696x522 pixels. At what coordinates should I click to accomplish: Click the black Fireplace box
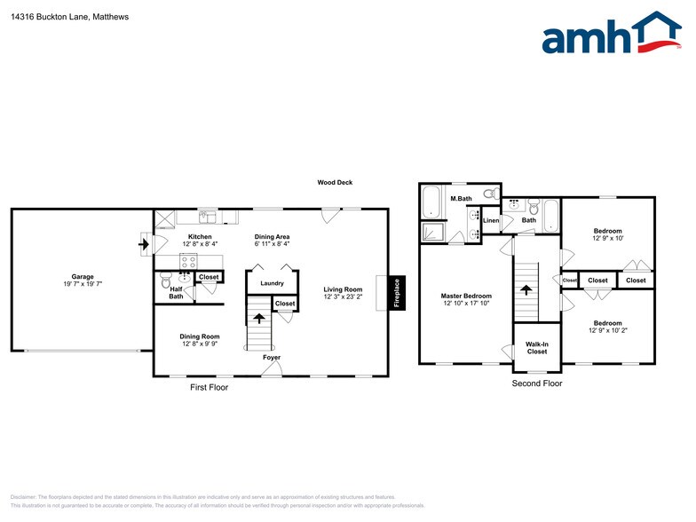(x=396, y=293)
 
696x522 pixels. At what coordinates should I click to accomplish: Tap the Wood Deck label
(x=335, y=183)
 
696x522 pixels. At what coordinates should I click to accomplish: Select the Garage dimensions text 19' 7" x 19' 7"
(x=83, y=284)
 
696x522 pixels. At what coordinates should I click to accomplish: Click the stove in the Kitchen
(x=188, y=261)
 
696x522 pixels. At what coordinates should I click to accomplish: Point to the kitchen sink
(x=207, y=216)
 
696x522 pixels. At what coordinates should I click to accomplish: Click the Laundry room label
(x=272, y=283)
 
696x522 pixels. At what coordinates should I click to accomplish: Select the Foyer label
(x=272, y=358)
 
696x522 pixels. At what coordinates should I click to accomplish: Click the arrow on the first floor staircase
(x=259, y=319)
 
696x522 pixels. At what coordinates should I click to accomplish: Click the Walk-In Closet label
(x=536, y=348)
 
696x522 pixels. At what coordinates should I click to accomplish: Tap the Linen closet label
(x=491, y=220)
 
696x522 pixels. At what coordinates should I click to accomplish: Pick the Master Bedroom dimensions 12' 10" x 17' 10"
(x=466, y=304)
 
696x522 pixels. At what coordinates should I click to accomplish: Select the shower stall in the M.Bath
(x=432, y=233)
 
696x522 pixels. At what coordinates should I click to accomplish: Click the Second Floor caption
(x=537, y=384)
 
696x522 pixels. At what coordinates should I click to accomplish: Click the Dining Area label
(x=272, y=237)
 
